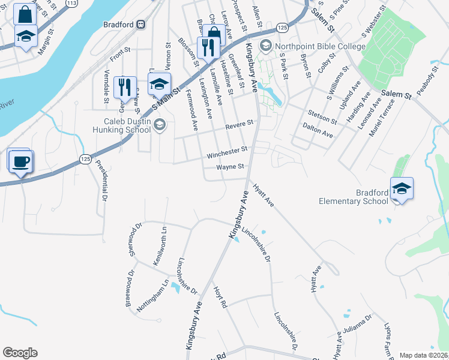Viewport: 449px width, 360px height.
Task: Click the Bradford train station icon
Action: click(x=140, y=25)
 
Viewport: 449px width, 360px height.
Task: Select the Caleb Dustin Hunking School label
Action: click(x=120, y=125)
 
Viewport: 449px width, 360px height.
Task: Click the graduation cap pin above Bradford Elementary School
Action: click(x=402, y=188)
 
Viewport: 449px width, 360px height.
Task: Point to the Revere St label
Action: click(x=240, y=123)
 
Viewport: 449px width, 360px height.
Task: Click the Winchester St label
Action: click(x=227, y=152)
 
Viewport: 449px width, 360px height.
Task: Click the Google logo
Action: click(x=20, y=353)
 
